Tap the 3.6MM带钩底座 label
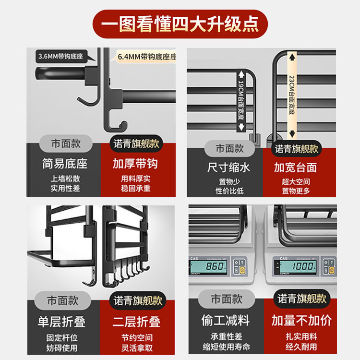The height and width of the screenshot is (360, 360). pos(60,56)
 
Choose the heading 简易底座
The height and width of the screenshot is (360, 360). pos(65,164)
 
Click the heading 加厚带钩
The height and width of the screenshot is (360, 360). pos(135,164)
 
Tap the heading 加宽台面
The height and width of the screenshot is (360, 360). pos(296,168)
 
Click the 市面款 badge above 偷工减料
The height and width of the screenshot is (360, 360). pos(226,299)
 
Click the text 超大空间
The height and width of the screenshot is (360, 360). pos(296,182)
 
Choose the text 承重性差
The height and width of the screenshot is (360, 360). pos(226,336)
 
